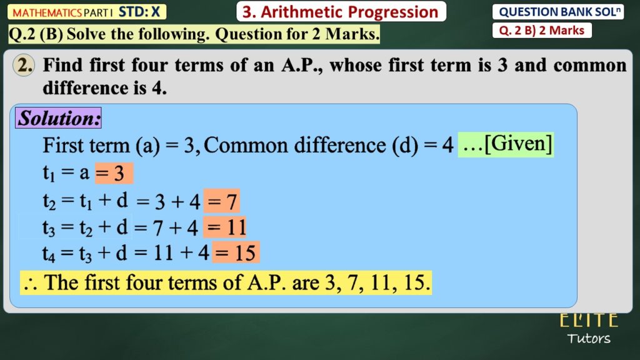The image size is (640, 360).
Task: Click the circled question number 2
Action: (24, 65)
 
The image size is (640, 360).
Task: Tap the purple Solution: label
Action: (58, 118)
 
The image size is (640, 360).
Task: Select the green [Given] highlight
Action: (506, 144)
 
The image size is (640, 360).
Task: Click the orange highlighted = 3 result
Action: (114, 173)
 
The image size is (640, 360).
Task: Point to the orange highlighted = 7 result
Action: (222, 201)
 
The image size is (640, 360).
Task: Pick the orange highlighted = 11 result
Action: (225, 227)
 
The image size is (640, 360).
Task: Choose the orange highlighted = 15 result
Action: (236, 252)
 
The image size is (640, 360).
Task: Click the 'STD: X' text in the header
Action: (139, 12)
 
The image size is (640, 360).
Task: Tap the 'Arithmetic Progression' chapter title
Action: (349, 12)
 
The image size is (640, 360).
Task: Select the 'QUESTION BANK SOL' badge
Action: (558, 12)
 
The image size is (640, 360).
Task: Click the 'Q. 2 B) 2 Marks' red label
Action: (542, 31)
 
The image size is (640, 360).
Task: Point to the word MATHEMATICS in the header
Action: (47, 12)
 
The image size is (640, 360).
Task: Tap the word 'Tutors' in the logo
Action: (589, 338)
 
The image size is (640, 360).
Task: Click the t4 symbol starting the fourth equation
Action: (49, 254)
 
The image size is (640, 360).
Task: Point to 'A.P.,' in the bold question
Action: (302, 65)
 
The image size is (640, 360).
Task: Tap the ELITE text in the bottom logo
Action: (589, 320)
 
